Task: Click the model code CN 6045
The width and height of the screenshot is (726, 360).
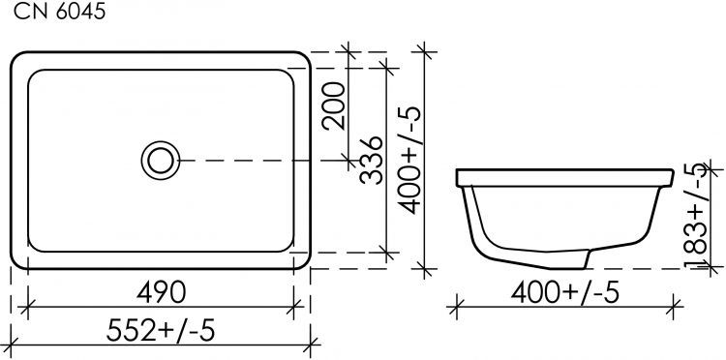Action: (54, 13)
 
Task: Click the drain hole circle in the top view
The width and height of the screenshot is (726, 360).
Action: (161, 160)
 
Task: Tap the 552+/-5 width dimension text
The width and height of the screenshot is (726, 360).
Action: (161, 329)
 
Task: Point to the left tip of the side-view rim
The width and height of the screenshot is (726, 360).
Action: (457, 178)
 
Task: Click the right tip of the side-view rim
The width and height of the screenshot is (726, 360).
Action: (670, 178)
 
